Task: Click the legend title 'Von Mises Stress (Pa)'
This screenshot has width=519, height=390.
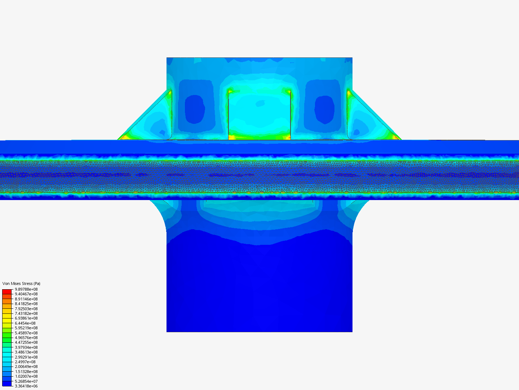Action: tap(21, 283)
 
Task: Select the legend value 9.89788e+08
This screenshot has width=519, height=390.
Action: tap(26, 289)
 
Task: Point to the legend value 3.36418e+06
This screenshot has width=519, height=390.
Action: tap(26, 386)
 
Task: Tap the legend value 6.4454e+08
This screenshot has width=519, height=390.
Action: tap(25, 323)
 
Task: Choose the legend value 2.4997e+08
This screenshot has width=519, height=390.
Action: tap(25, 362)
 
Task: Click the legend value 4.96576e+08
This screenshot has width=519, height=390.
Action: tap(26, 338)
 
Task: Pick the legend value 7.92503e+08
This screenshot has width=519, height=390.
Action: tap(26, 309)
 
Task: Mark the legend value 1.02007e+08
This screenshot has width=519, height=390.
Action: tap(26, 376)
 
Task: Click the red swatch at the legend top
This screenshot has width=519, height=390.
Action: tap(7, 291)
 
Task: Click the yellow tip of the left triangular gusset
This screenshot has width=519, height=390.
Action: tap(124, 137)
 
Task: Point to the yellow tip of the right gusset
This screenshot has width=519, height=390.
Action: tap(395, 137)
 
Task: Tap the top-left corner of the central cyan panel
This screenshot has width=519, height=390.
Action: tap(230, 91)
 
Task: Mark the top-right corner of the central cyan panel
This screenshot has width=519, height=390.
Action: tap(289, 91)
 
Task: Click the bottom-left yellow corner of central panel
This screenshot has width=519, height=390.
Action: tap(231, 138)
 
